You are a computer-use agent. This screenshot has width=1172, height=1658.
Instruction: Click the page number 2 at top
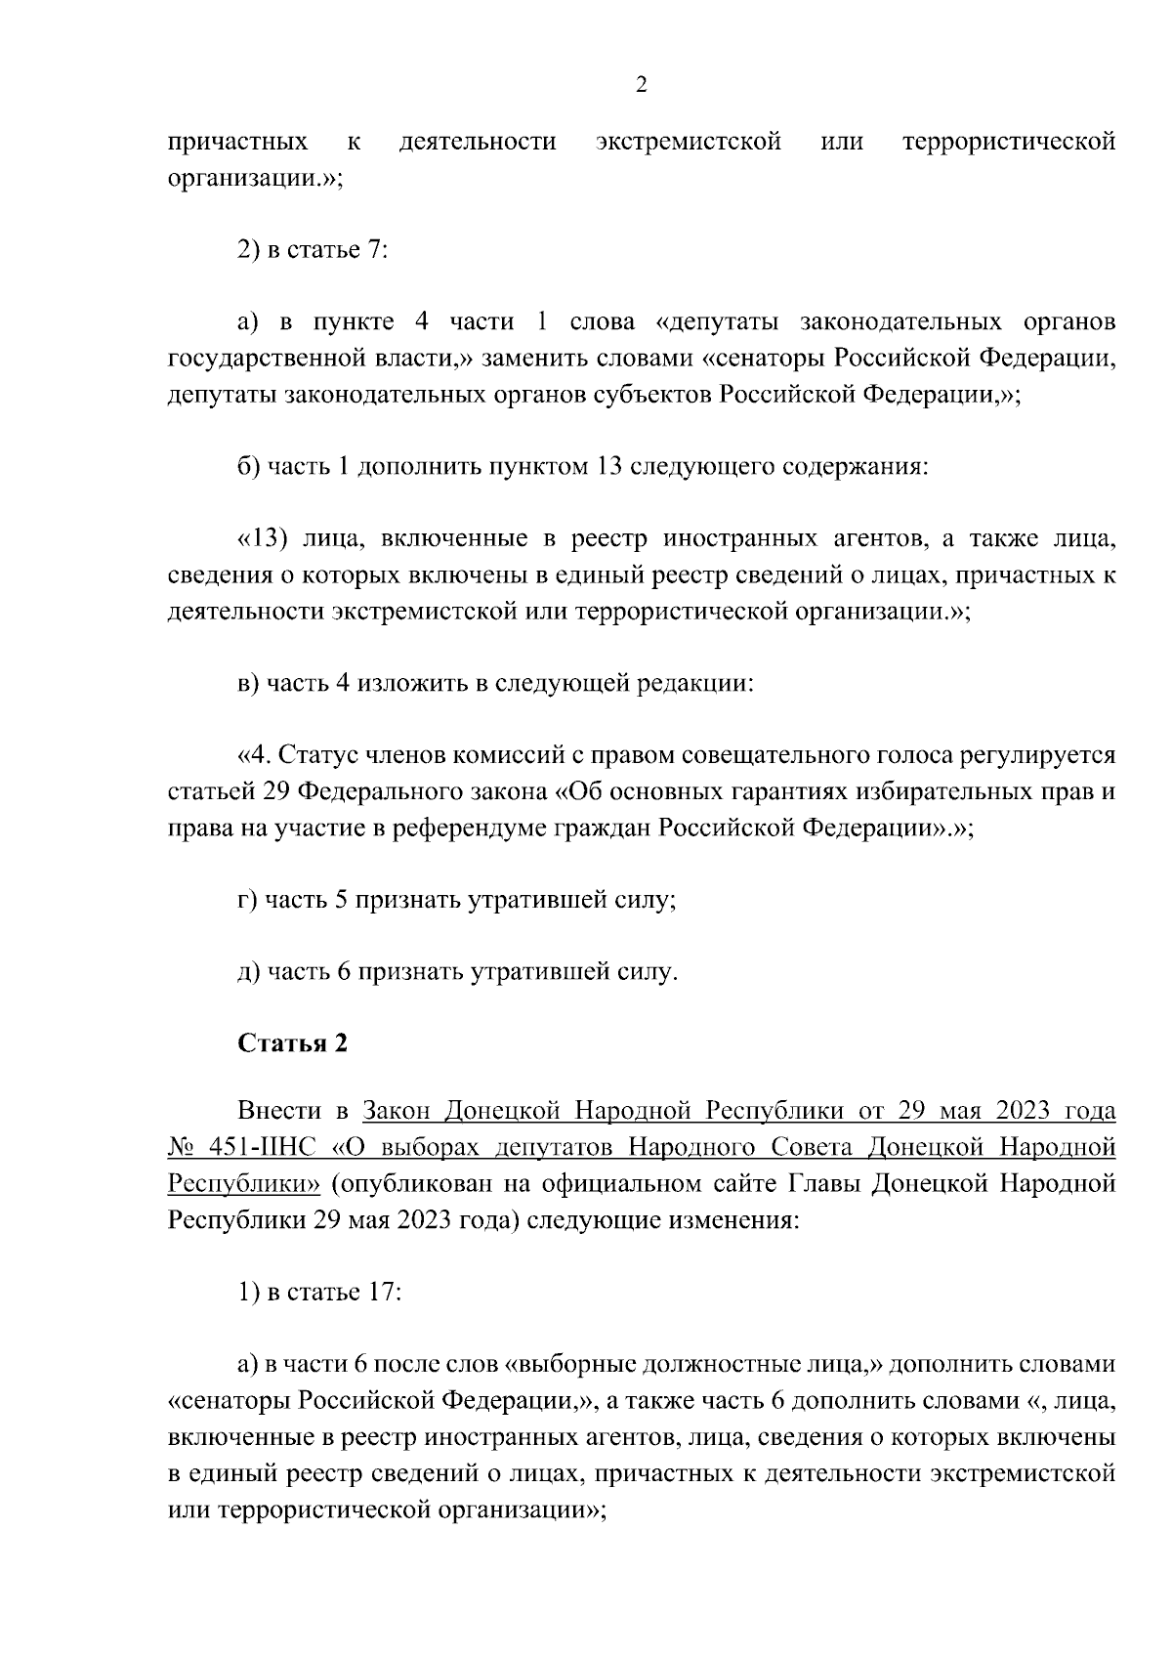641,85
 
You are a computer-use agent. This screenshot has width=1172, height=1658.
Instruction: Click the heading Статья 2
292,1043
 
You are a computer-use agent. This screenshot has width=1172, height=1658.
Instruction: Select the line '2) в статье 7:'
313,249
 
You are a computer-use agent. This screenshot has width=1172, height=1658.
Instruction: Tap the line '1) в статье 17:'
319,1292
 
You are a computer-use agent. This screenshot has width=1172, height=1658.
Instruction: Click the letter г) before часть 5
248,900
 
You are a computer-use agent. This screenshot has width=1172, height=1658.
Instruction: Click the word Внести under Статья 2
279,1111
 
